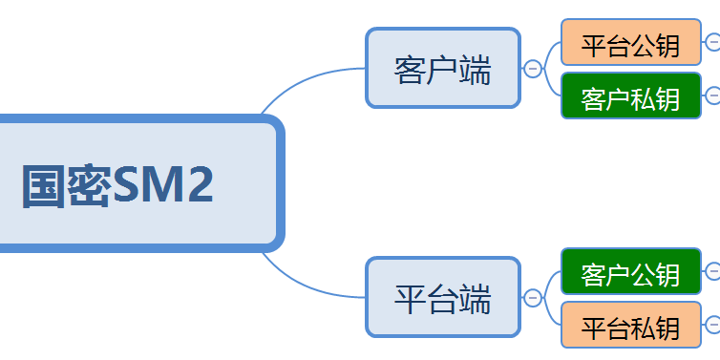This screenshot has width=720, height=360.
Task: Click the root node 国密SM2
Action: click(x=134, y=183)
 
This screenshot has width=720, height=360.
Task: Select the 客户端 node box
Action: click(x=442, y=68)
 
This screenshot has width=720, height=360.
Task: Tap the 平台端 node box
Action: click(x=443, y=297)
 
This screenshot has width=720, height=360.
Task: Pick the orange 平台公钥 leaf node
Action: click(x=631, y=43)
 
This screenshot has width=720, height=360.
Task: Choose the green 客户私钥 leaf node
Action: click(x=631, y=95)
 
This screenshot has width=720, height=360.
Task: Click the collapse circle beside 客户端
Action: click(x=533, y=69)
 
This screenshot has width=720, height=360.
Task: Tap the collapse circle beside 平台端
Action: click(x=533, y=298)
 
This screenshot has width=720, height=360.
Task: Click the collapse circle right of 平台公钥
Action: click(x=713, y=42)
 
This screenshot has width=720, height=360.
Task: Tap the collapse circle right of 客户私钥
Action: click(x=713, y=95)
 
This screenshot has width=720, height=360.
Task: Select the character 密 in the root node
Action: click(x=90, y=185)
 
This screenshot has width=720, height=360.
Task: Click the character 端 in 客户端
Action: click(x=476, y=70)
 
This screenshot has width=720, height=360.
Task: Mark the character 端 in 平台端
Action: click(x=476, y=299)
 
